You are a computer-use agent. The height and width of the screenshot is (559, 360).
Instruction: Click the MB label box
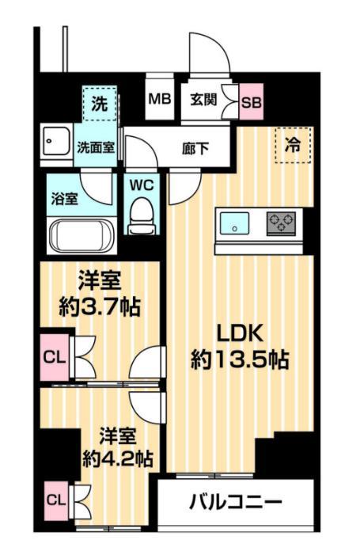tap(160, 101)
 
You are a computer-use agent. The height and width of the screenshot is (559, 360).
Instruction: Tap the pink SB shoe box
tap(251, 101)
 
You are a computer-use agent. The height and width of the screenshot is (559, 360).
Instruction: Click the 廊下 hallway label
tap(195, 146)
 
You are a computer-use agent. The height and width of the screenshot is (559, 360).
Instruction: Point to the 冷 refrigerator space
tap(293, 145)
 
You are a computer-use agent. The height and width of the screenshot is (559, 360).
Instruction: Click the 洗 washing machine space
tap(100, 103)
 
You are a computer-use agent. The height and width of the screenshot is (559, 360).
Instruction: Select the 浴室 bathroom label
tap(65, 198)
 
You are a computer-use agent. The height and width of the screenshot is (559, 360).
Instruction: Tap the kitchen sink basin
tap(235, 223)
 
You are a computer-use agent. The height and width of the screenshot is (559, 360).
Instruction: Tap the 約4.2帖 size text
tap(118, 458)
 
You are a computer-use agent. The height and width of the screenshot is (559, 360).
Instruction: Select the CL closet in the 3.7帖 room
tap(54, 357)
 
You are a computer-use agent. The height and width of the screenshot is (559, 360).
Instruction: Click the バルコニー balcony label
tap(235, 503)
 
